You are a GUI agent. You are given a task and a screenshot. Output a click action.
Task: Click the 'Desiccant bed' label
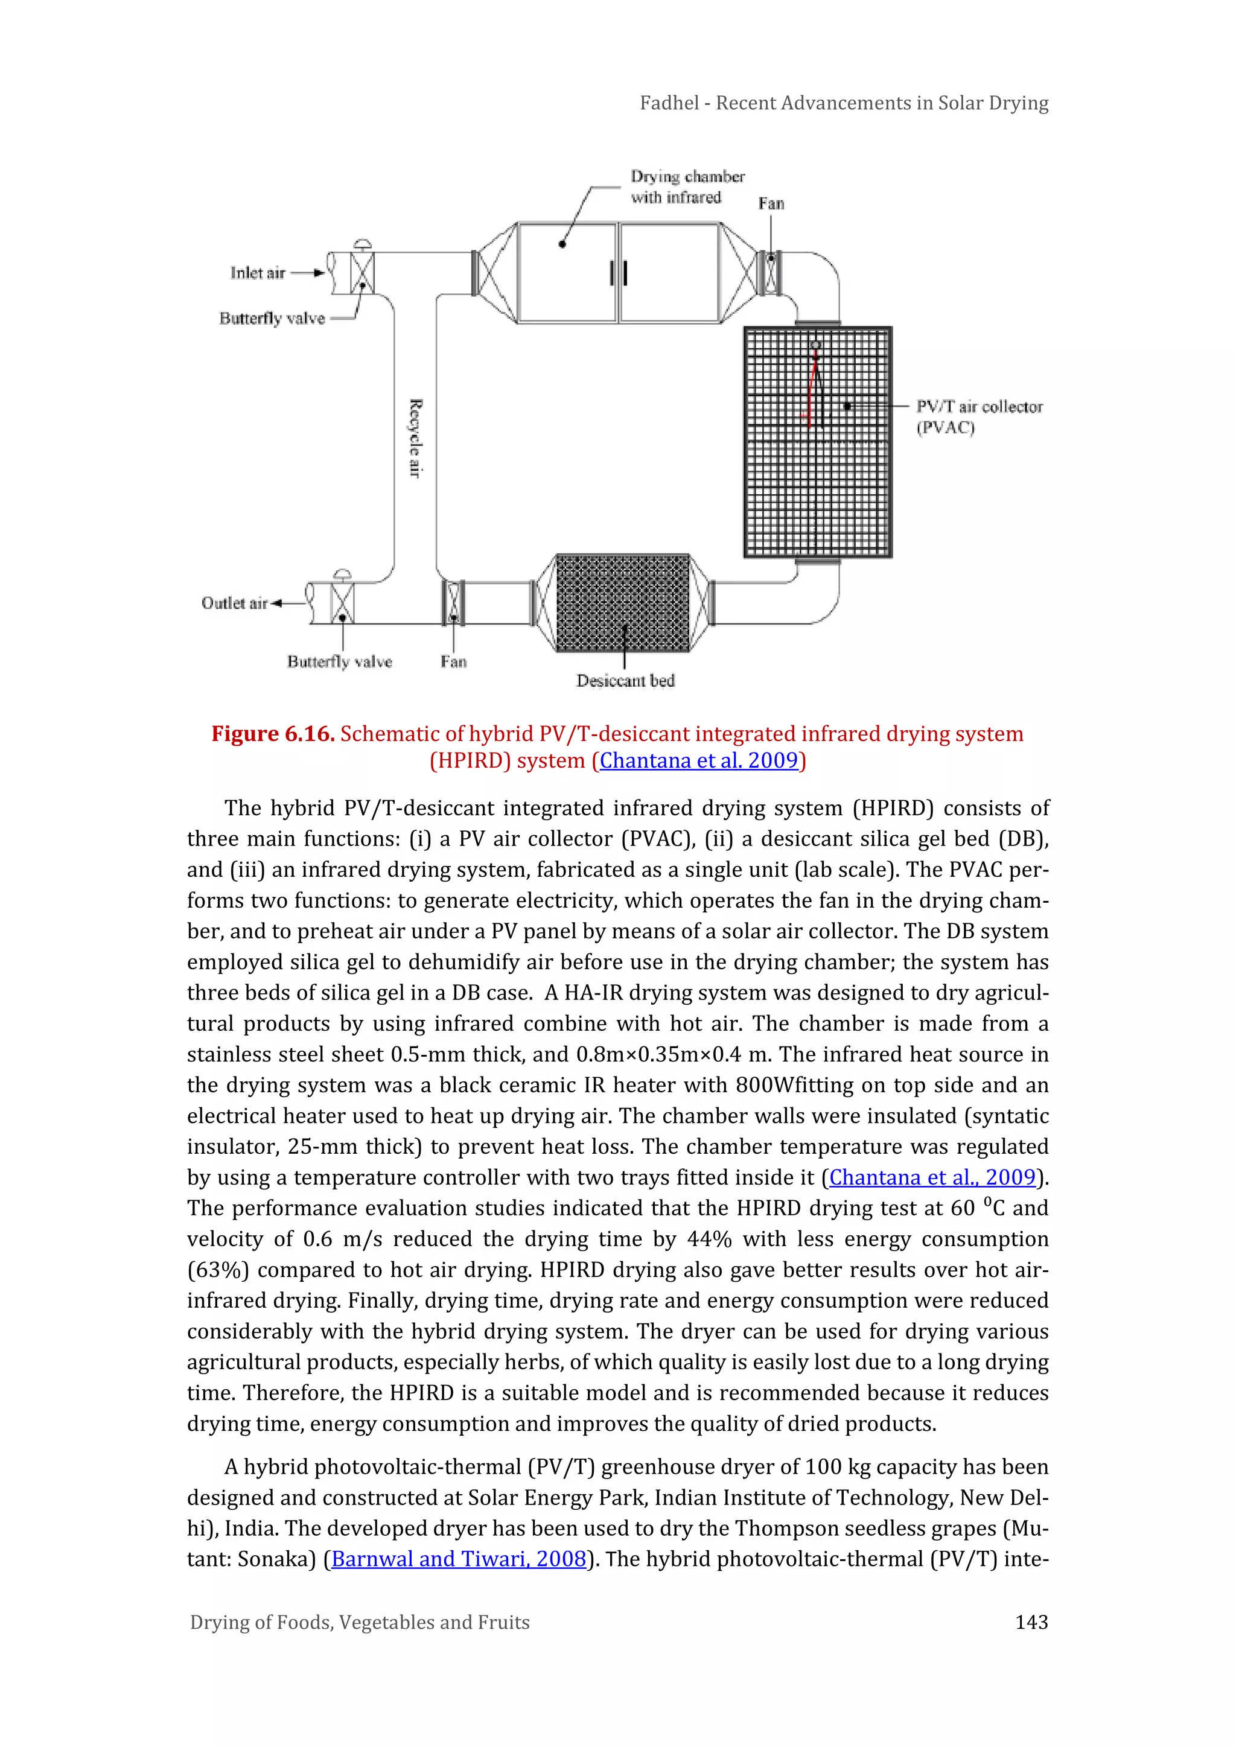625,680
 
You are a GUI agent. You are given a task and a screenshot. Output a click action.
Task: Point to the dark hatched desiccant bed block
623,603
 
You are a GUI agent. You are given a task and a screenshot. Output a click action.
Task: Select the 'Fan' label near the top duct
770,203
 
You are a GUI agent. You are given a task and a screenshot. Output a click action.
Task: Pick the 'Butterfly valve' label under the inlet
272,318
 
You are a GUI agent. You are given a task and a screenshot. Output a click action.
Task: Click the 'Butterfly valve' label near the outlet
339,661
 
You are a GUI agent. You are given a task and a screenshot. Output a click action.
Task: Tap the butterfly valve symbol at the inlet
362,272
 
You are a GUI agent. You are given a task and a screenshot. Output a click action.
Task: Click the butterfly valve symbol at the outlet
342,603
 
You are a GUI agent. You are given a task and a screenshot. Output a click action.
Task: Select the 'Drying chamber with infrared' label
686,186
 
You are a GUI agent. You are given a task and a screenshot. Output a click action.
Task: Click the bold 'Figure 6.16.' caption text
272,733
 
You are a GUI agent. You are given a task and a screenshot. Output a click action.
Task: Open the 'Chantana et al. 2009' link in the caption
698,760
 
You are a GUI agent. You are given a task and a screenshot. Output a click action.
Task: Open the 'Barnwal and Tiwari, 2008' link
459,1559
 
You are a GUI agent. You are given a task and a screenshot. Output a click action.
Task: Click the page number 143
1031,1622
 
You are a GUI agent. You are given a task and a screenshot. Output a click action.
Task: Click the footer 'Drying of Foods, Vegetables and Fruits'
359,1622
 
